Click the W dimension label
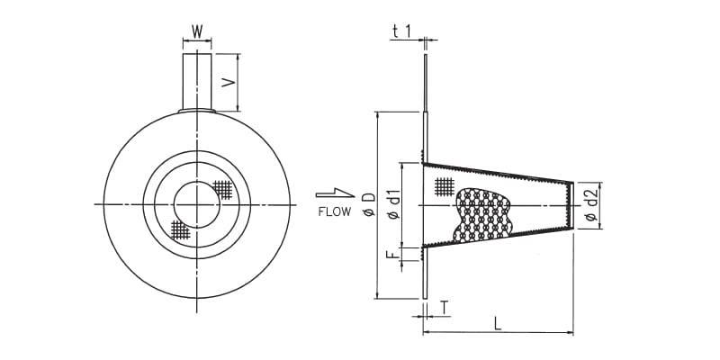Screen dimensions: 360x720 click(x=197, y=31)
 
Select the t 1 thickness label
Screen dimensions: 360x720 click(x=401, y=31)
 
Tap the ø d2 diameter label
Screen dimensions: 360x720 click(x=590, y=206)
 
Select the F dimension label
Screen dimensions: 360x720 click(x=393, y=255)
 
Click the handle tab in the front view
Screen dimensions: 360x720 click(x=197, y=81)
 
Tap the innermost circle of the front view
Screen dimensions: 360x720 click(x=196, y=204)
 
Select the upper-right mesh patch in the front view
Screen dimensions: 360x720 click(x=223, y=189)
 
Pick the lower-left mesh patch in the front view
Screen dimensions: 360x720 click(x=180, y=228)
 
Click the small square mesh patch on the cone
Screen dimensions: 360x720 click(x=444, y=185)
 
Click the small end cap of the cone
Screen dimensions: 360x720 click(x=570, y=205)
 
